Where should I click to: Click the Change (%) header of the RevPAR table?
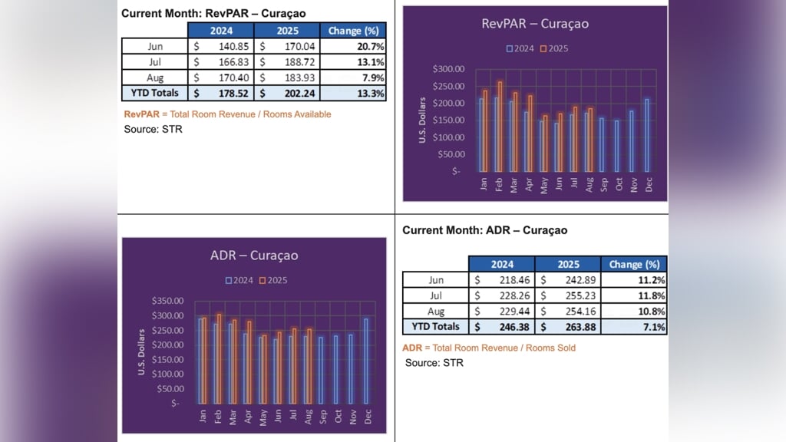pyautogui.click(x=354, y=31)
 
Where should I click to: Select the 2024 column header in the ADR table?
pyautogui.click(x=502, y=265)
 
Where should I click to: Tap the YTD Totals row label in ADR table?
pyautogui.click(x=435, y=327)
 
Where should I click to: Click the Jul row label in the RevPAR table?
pyautogui.click(x=154, y=62)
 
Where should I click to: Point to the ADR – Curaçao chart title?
pyautogui.click(x=254, y=256)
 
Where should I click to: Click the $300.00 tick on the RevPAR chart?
pyautogui.click(x=448, y=69)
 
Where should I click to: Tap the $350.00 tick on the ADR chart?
pyautogui.click(x=167, y=301)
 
